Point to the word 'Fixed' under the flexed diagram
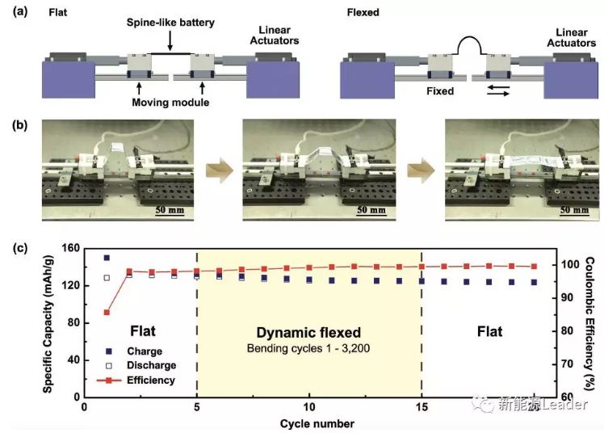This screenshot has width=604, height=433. pyautogui.click(x=441, y=91)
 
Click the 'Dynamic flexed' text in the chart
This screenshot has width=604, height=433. pyautogui.click(x=308, y=332)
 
